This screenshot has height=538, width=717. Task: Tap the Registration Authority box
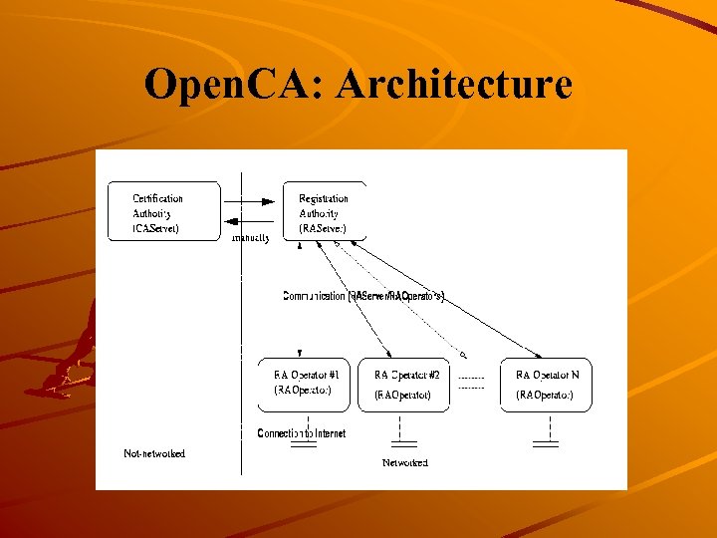325,212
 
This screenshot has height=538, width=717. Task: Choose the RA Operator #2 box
404,384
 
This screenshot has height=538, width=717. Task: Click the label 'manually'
250,239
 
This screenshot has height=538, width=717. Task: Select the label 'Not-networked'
154,453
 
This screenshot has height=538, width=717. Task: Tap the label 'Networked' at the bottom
405,462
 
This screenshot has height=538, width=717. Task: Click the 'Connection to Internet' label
302,433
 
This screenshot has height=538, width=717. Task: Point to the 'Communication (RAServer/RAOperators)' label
364,296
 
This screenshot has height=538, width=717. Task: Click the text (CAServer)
156,228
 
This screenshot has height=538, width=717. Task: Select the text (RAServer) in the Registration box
323,228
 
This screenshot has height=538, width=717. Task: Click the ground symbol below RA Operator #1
303,444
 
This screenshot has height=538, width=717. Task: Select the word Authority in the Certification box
152,213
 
